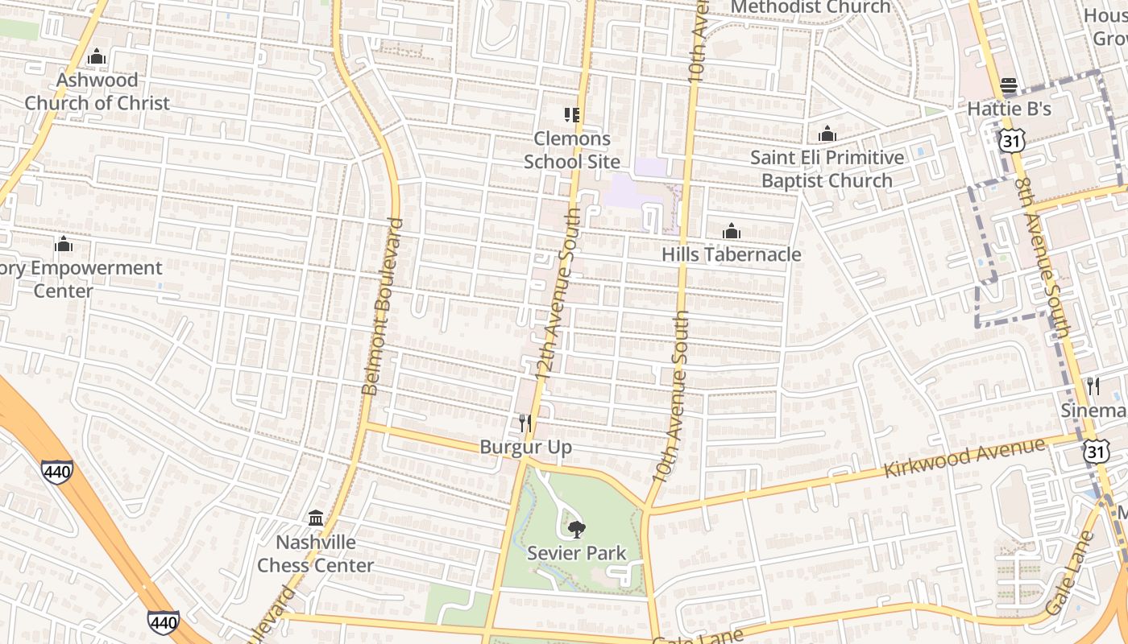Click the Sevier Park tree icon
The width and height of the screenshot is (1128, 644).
point(576,530)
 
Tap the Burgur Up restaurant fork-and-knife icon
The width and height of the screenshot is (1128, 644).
point(525,423)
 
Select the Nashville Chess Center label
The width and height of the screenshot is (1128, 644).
point(316,554)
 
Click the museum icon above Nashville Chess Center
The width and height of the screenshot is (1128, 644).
point(316,518)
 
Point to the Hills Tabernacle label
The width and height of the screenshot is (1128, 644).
point(731,254)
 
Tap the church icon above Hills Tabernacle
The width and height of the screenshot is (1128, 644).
point(731,232)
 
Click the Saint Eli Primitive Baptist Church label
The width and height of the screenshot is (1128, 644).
point(827,169)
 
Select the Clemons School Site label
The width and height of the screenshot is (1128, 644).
point(572,150)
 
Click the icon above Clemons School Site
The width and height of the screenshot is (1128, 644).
point(572,115)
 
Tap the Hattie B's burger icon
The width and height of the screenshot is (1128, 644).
point(1009,85)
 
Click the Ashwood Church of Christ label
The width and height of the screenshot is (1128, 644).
point(97,92)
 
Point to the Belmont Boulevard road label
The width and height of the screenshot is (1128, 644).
point(382,306)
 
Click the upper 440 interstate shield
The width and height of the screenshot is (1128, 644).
point(57,471)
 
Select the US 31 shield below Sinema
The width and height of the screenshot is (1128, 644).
point(1096,451)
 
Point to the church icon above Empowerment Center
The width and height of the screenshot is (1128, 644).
point(64,244)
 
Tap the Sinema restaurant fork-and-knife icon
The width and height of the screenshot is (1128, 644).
point(1093,386)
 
